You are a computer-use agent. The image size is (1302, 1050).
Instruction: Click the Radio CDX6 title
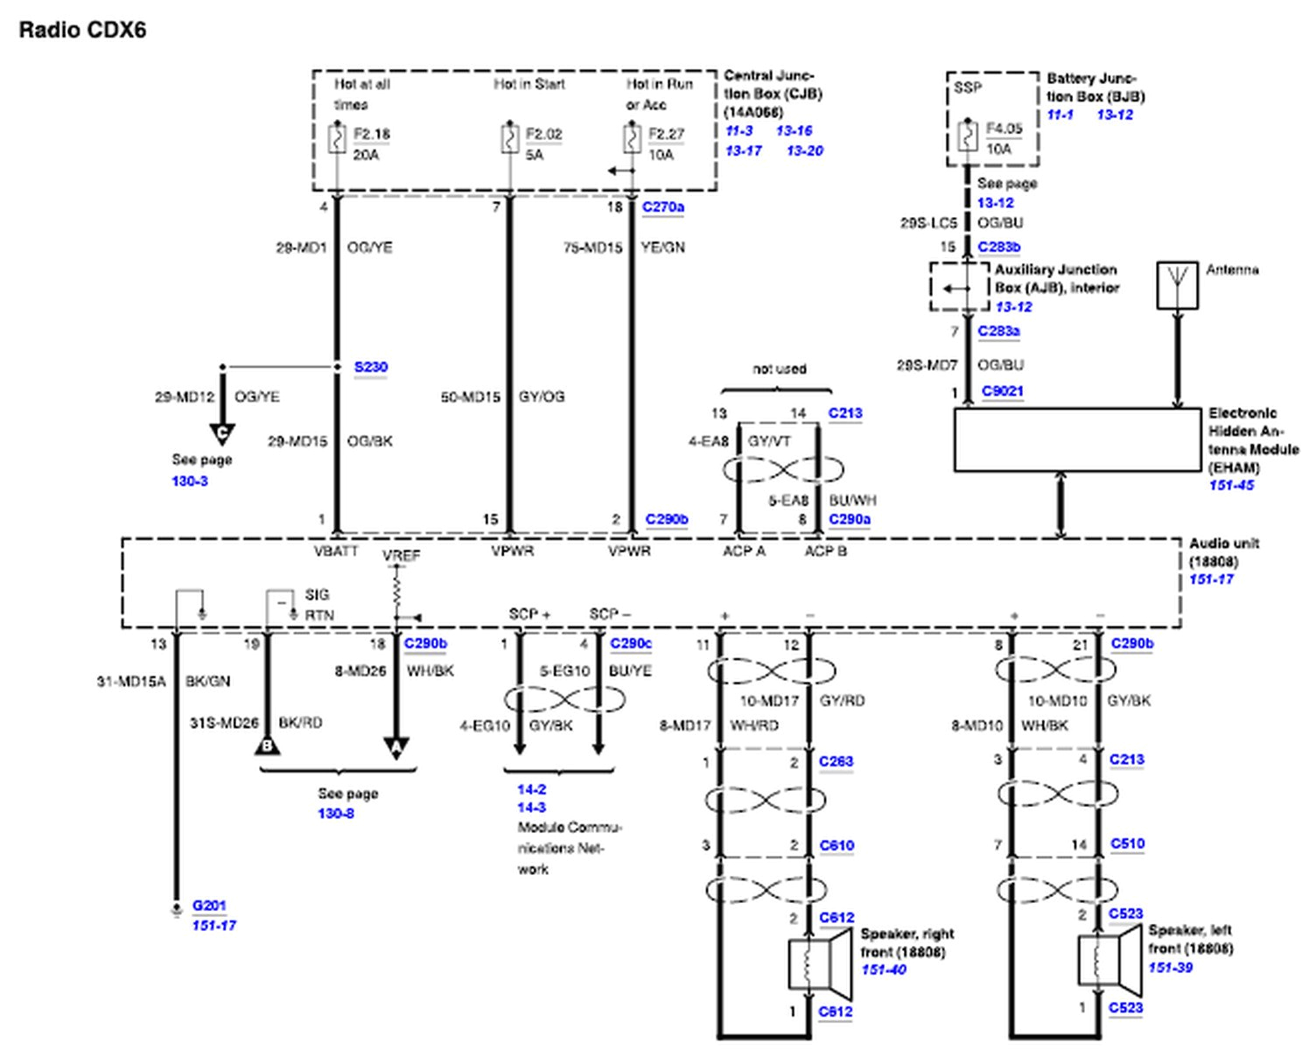tap(82, 30)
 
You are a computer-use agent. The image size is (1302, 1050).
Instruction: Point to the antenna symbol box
tap(1177, 285)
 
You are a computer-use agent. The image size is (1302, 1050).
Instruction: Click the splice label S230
tap(370, 367)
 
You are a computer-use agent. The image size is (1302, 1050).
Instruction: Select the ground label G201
tap(209, 906)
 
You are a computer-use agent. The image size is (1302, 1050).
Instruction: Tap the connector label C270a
tap(663, 207)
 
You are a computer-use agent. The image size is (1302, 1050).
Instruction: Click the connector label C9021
tap(1002, 391)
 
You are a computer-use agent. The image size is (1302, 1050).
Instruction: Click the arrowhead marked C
tap(222, 433)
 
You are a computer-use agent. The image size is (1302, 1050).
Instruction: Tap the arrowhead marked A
tap(396, 748)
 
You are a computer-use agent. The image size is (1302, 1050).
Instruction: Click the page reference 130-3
tap(190, 481)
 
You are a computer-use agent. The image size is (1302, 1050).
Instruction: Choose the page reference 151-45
tap(1231, 486)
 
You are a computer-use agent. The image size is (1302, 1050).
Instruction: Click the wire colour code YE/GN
tap(662, 248)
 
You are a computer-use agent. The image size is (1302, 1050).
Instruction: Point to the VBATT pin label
tap(336, 551)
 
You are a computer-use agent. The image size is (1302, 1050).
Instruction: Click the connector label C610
tap(836, 845)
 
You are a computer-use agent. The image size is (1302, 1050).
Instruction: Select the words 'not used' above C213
tap(779, 369)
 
